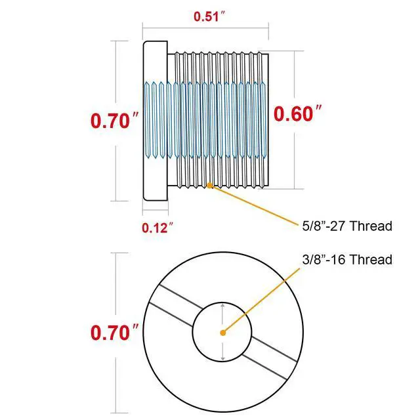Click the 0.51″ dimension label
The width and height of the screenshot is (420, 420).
coord(209,16)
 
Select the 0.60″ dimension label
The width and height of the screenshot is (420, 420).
coord(297,114)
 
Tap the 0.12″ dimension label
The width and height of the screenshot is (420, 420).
coord(157,228)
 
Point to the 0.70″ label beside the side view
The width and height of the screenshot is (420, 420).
coord(115,121)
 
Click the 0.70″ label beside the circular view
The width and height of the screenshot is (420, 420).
coord(115,333)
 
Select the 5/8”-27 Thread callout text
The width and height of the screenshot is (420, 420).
coord(347,226)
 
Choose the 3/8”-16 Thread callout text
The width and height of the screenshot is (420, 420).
coord(347,260)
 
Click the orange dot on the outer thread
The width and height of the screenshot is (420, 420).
coord(209,185)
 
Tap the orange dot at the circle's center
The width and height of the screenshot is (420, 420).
coord(223,333)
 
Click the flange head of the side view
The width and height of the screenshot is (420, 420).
coord(156,121)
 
